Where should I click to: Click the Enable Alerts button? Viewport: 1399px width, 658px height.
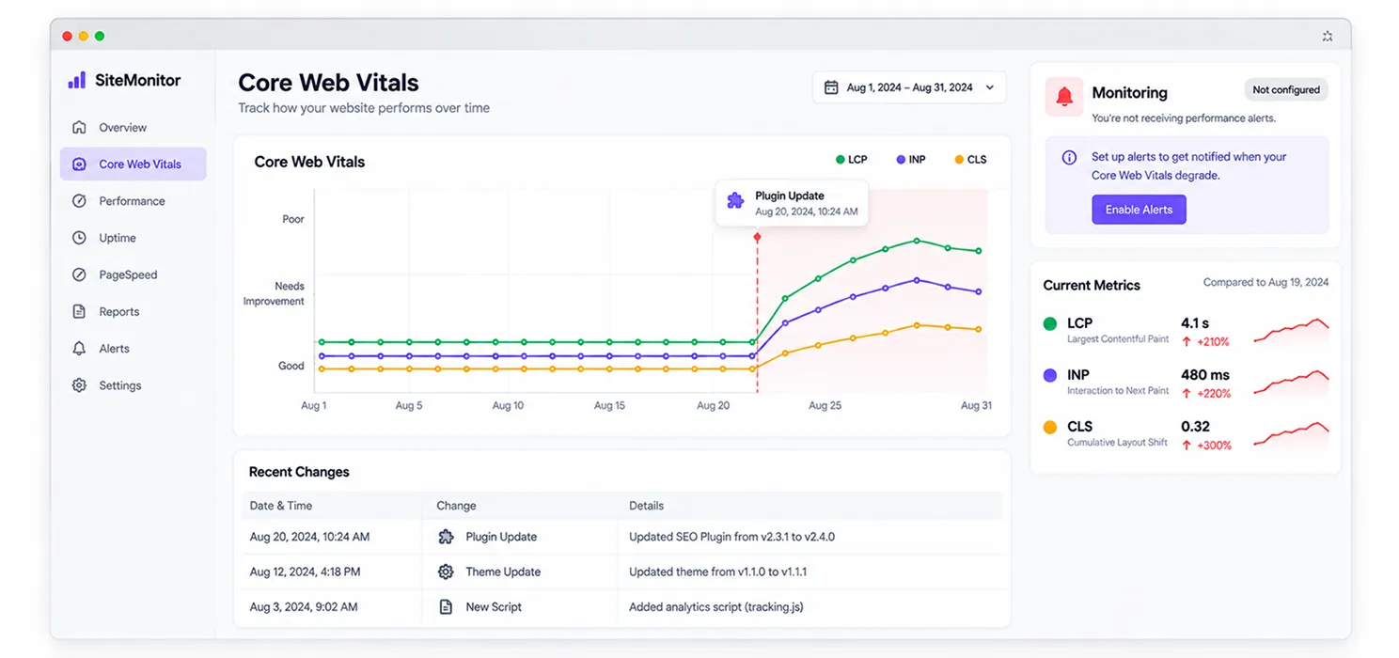pyautogui.click(x=1139, y=210)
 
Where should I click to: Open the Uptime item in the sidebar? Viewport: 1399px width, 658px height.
pyautogui.click(x=118, y=238)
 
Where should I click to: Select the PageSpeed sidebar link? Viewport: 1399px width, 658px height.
pyautogui.click(x=128, y=274)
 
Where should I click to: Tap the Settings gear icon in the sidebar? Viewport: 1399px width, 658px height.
pyautogui.click(x=79, y=385)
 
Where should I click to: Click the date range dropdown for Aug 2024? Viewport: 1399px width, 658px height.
pyautogui.click(x=909, y=87)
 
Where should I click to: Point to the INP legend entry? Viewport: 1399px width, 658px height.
pyautogui.click(x=911, y=160)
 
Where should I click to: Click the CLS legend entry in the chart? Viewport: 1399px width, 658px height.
pyautogui.click(x=970, y=160)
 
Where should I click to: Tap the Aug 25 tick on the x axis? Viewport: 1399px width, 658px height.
pyautogui.click(x=825, y=405)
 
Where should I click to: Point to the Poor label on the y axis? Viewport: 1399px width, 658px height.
pyautogui.click(x=293, y=219)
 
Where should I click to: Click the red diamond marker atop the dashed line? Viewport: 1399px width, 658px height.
pyautogui.click(x=757, y=237)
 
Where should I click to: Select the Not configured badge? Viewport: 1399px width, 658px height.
pyautogui.click(x=1286, y=90)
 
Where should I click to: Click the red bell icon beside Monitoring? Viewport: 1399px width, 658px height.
pyautogui.click(x=1064, y=96)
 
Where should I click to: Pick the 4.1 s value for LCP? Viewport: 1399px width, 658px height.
pyautogui.click(x=1195, y=323)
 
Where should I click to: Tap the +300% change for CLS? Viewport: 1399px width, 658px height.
pyautogui.click(x=1207, y=446)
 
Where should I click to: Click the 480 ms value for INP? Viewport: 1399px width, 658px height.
pyautogui.click(x=1204, y=375)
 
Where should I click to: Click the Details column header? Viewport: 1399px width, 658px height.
pyautogui.click(x=646, y=506)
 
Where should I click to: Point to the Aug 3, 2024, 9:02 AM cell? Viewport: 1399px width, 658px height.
pyautogui.click(x=304, y=607)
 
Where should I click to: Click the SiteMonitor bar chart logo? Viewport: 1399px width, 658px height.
pyautogui.click(x=77, y=80)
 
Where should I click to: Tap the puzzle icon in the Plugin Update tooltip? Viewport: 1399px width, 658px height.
pyautogui.click(x=736, y=200)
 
